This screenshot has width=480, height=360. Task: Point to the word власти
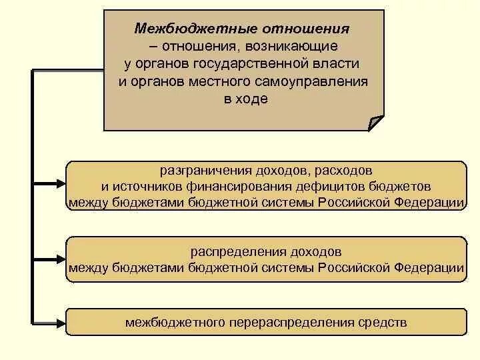(x=341, y=63)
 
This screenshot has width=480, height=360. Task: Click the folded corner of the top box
(x=376, y=122)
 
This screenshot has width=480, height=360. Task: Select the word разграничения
(x=201, y=171)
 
